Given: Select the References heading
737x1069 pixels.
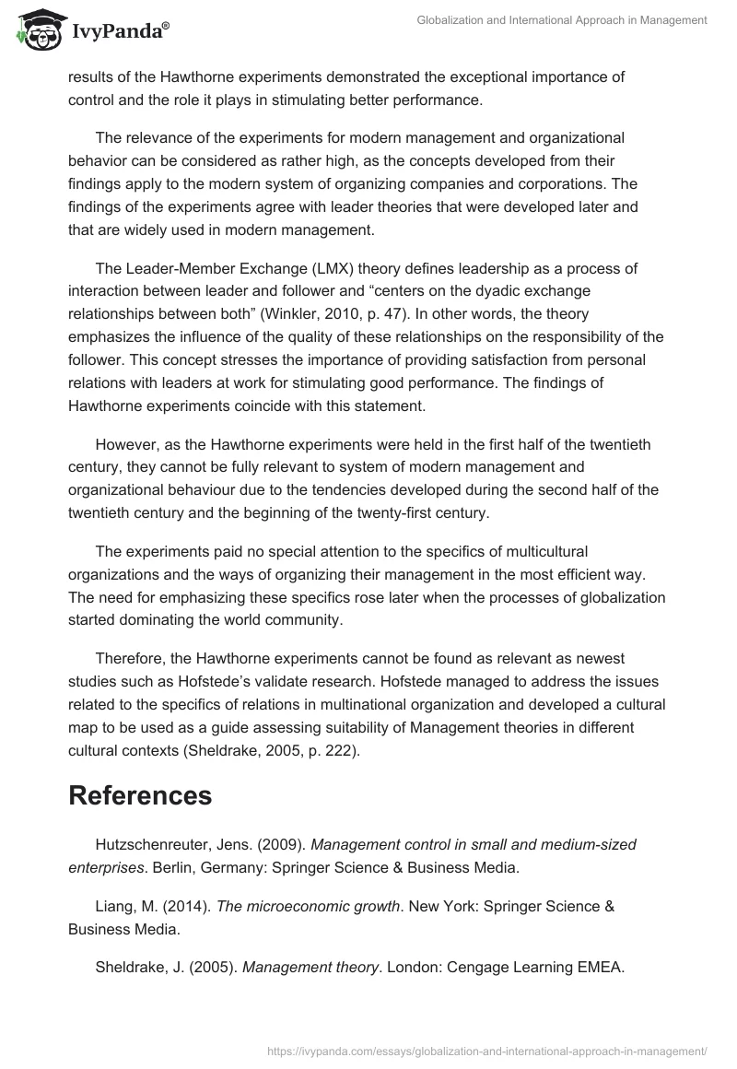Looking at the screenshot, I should click(140, 794).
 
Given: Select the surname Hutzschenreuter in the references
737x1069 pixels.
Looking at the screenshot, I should click(151, 844).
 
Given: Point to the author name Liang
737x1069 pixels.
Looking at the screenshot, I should click(115, 906).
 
